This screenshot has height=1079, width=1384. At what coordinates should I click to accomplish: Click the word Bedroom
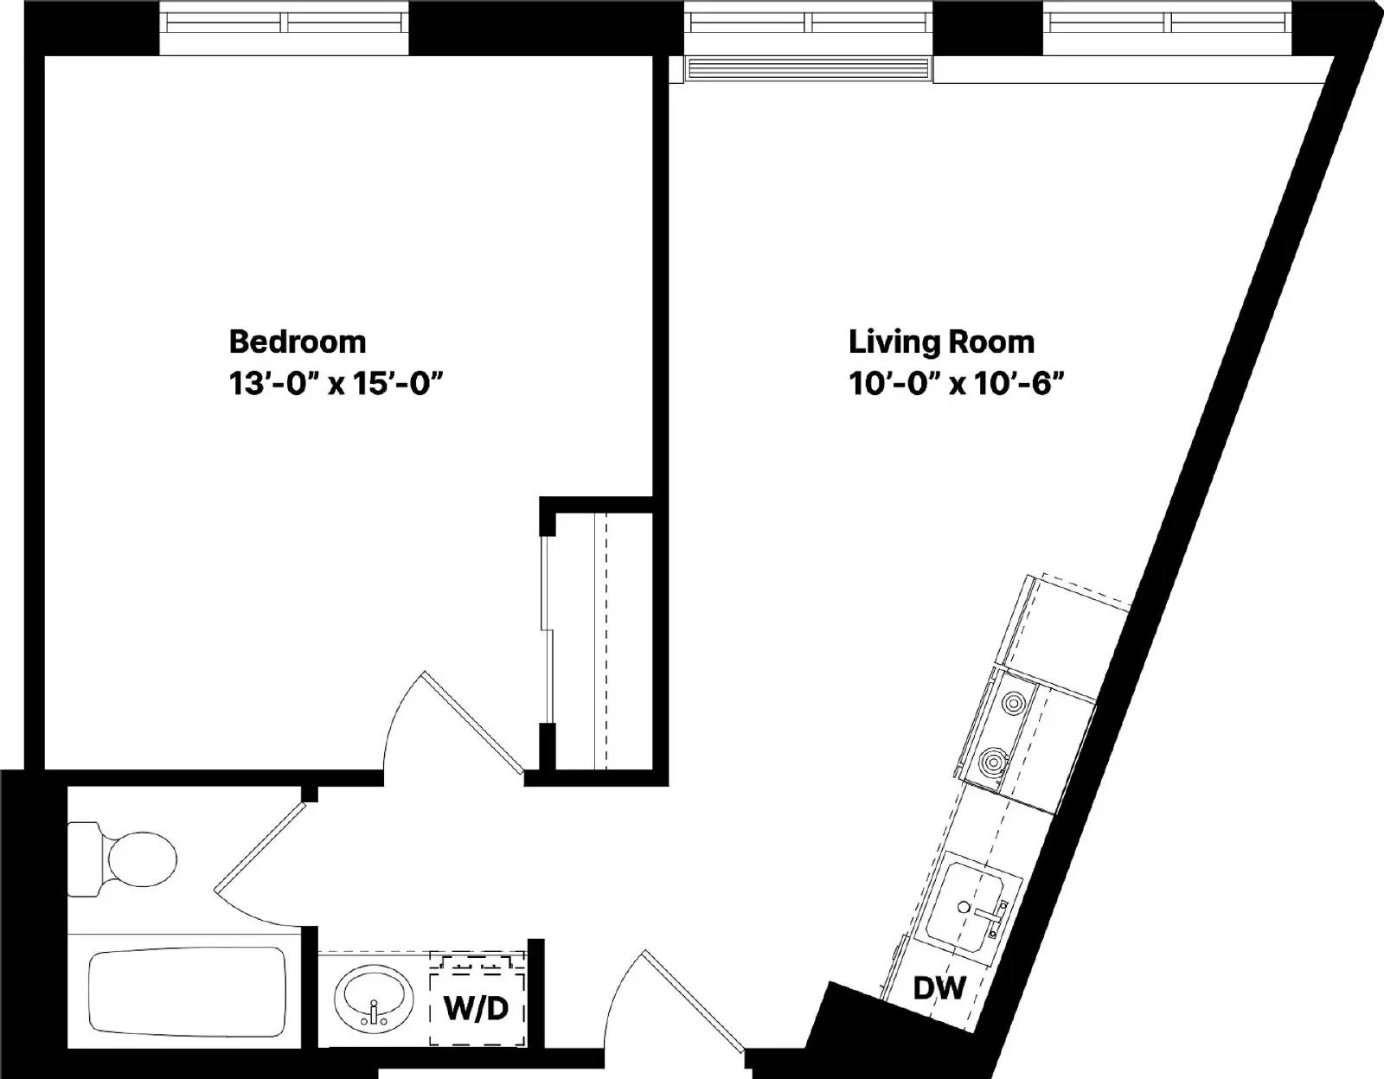(x=297, y=342)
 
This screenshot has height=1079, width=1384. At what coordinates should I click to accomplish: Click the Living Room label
(x=940, y=342)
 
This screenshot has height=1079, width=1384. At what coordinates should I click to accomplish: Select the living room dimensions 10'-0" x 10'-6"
(x=954, y=384)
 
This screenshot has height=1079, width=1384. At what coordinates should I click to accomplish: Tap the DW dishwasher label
(x=939, y=986)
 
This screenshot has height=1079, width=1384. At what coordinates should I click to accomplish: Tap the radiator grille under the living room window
(x=806, y=69)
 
